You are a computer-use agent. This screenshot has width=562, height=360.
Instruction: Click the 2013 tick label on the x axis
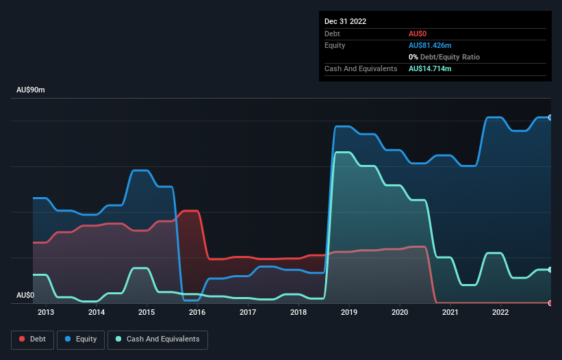coord(46,313)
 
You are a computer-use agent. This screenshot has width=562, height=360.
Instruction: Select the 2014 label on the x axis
coord(97,313)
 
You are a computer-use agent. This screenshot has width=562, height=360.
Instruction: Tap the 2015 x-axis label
coord(146,313)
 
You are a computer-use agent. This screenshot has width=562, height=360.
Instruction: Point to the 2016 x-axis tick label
coord(197,313)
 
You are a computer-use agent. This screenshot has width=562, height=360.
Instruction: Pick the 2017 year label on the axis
coord(248,313)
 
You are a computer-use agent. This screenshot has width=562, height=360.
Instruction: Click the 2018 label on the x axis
coord(298,313)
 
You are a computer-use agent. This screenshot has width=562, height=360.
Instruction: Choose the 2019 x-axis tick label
coord(349,313)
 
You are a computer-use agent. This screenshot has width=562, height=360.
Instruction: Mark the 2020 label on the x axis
coord(400,313)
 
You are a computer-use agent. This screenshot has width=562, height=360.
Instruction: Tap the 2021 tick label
coord(450,313)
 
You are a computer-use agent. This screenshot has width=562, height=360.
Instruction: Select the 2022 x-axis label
coord(501,313)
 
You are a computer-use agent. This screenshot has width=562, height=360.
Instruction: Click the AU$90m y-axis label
coord(31,90)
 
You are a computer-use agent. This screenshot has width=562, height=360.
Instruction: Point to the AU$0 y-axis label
coord(26,295)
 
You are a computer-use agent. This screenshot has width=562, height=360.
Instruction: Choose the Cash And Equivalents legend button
coord(157,339)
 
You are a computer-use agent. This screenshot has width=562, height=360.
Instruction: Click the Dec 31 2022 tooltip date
coord(345,21)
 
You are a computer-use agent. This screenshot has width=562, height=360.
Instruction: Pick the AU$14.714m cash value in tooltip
coord(430,68)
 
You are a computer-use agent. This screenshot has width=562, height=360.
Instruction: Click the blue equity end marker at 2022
coord(550,118)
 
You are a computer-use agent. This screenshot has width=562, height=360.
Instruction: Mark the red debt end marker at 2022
coord(550,303)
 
